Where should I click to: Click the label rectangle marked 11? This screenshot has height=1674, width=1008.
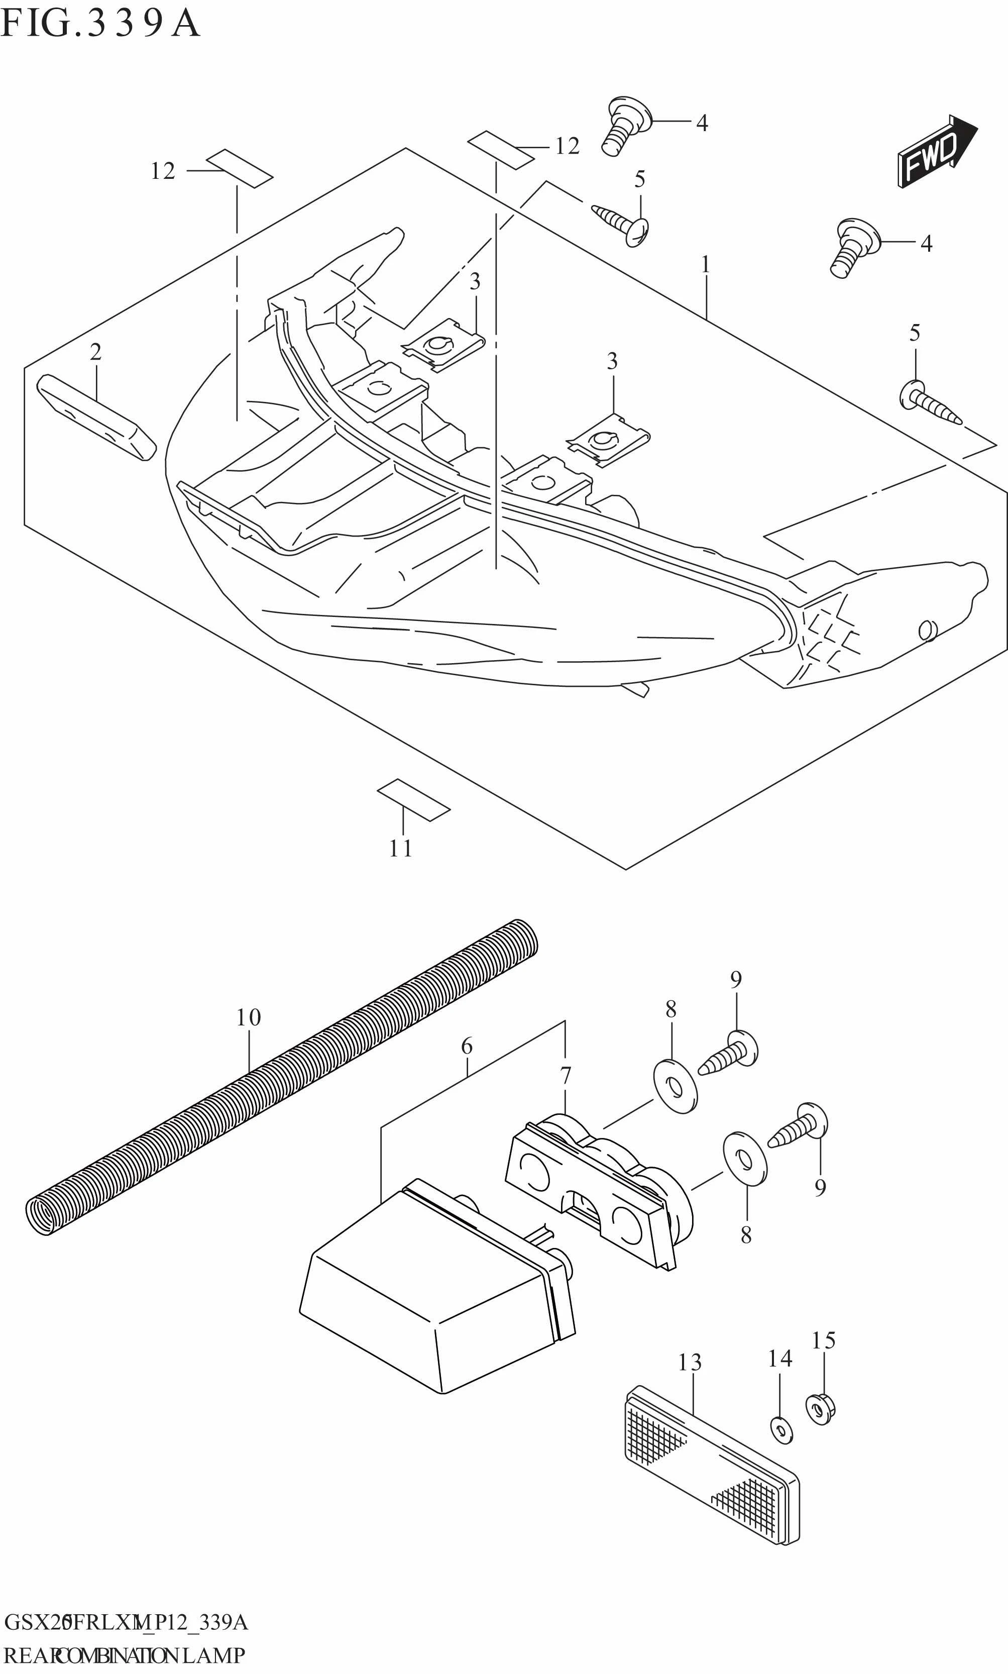click(414, 800)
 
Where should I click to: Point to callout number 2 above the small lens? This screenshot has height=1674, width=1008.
click(96, 352)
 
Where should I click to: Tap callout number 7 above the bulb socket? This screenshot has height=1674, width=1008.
click(565, 1076)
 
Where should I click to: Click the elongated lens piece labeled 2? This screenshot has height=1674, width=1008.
click(96, 421)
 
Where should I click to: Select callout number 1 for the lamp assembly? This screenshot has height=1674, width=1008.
click(706, 264)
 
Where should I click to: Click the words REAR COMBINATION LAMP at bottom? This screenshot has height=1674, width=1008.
click(124, 1655)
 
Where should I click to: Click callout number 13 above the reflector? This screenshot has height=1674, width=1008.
click(690, 1362)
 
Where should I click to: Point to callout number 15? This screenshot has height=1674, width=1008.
click(823, 1340)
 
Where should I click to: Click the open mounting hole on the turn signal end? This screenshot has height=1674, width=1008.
click(925, 631)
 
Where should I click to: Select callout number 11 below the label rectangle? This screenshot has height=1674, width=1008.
click(401, 849)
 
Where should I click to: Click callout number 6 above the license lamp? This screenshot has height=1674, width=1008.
click(467, 1046)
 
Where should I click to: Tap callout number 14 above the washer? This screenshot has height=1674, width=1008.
click(780, 1358)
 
